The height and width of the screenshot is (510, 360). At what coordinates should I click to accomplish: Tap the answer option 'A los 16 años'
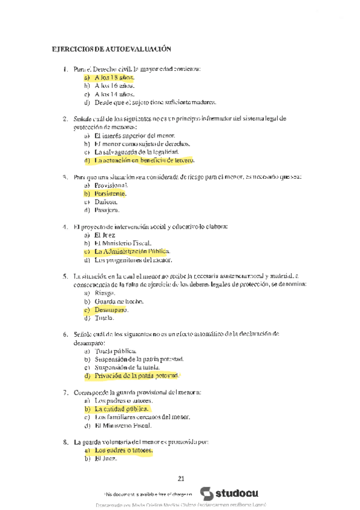114,86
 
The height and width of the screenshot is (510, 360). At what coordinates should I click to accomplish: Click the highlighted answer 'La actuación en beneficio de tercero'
144,161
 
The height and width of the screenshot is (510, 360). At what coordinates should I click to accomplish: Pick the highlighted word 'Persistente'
110,194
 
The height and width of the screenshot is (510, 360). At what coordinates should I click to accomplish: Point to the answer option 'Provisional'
111,186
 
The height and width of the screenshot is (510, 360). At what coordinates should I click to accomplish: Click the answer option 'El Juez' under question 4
106,235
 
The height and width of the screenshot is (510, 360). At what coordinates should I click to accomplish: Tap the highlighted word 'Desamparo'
111,309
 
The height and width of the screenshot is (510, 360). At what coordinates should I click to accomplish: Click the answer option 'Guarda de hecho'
118,301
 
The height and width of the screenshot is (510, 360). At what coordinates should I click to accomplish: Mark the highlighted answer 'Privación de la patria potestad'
136,375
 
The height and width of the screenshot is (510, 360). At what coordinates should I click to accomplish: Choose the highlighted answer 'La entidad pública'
121,408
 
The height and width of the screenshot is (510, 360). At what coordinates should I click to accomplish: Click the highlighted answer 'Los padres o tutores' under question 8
124,450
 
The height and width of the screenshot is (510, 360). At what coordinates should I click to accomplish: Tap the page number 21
181,479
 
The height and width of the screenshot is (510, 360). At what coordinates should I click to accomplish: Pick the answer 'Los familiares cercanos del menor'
142,417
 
